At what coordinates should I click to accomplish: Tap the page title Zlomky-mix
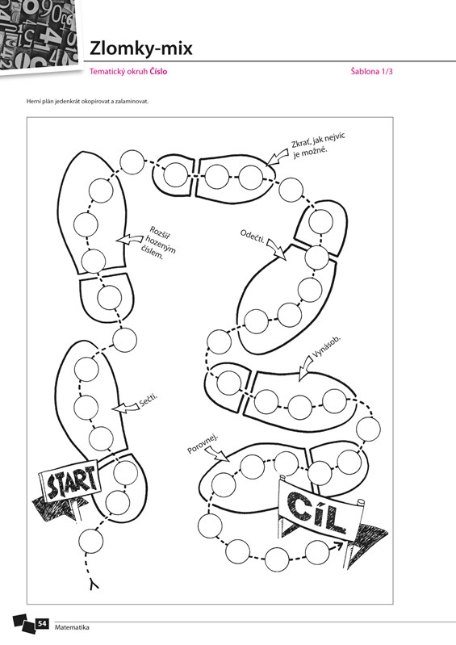tap(141, 48)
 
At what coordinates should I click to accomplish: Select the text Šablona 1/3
tap(372, 71)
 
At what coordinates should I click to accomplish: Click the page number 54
tap(42, 624)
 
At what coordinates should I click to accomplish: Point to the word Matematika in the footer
tap(72, 627)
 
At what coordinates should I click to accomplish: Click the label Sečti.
tap(149, 400)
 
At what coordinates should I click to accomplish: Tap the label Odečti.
tap(252, 236)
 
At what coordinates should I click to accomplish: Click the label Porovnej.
tap(203, 443)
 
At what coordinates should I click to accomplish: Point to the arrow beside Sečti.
tap(126, 407)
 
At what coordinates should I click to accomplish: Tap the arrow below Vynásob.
tap(305, 368)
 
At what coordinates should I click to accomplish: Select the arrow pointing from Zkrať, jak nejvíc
tap(277, 157)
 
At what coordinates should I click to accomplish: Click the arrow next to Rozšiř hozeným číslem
tap(128, 239)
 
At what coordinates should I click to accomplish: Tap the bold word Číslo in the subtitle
tap(158, 71)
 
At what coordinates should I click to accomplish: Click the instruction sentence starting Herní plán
tap(87, 101)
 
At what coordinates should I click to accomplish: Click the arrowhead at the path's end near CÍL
tap(339, 546)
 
